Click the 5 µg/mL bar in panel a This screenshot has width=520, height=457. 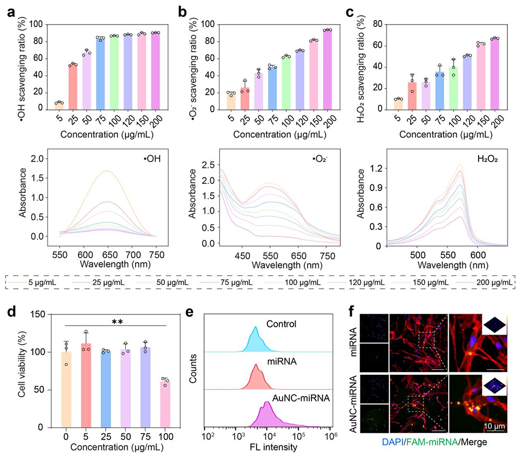(x=59, y=106)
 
